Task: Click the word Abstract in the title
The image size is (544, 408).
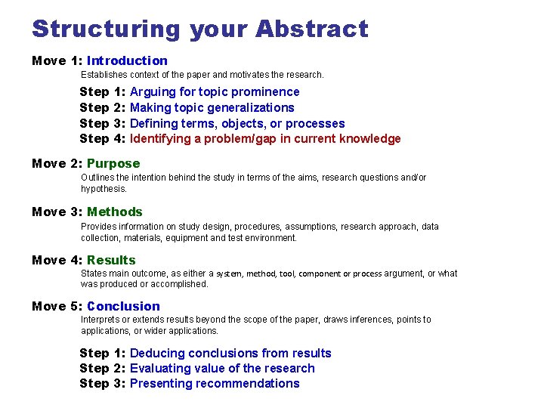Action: click(x=311, y=29)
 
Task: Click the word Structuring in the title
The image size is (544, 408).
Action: click(x=107, y=29)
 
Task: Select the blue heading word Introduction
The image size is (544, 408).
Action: click(x=127, y=60)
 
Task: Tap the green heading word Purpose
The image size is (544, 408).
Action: click(x=113, y=163)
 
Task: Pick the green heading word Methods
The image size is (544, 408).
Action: click(x=114, y=212)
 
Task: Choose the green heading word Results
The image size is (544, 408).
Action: click(x=111, y=260)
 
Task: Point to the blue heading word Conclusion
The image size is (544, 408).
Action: click(x=123, y=306)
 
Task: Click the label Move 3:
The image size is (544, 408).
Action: click(x=57, y=212)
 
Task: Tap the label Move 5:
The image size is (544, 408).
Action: click(x=57, y=306)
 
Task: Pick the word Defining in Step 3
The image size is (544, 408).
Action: click(x=154, y=123)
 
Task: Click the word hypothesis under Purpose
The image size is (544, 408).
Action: click(x=103, y=189)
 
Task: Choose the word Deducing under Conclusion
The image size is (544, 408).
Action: click(x=157, y=353)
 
